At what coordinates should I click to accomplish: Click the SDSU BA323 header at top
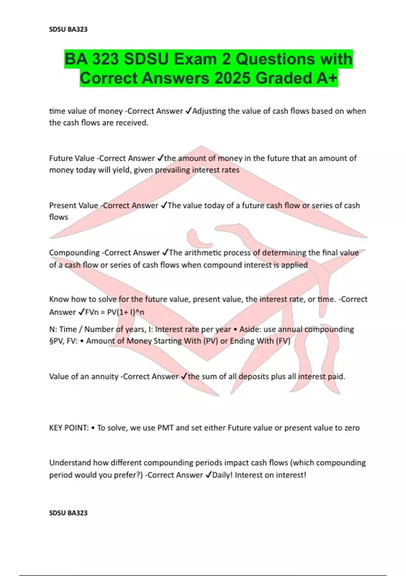coord(68,29)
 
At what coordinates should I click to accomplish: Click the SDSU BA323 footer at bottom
coord(68,513)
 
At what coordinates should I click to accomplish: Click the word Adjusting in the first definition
coord(209,111)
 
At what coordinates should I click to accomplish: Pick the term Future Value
coord(72,158)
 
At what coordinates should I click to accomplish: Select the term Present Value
coord(73,205)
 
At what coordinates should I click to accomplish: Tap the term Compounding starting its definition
coord(74,253)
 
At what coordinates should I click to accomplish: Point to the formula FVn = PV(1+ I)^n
coord(115,312)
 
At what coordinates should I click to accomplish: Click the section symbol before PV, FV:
coord(51,341)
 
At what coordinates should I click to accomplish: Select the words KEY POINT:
coord(69,428)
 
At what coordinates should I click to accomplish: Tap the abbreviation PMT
coord(165,428)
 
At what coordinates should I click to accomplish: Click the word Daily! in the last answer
coord(222,475)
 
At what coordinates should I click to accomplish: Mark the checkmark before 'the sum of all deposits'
coord(184,376)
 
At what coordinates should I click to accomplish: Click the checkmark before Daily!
coord(208,475)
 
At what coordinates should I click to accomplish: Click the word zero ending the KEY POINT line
coord(352,428)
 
